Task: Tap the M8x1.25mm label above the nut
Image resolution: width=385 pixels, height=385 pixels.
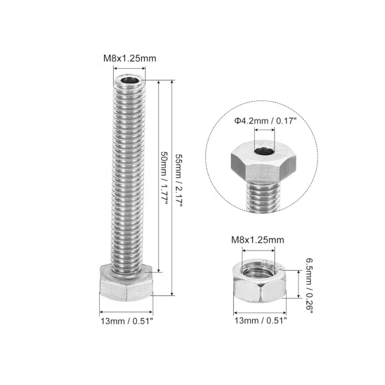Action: (258, 240)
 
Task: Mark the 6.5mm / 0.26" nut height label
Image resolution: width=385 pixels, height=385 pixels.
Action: (308, 284)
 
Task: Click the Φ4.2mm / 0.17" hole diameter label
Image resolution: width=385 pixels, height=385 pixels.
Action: (266, 122)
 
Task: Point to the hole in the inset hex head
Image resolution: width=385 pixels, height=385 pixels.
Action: (263, 154)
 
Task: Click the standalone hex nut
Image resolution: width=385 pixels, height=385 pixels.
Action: (260, 284)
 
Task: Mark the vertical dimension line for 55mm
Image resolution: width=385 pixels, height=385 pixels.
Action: (172, 188)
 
